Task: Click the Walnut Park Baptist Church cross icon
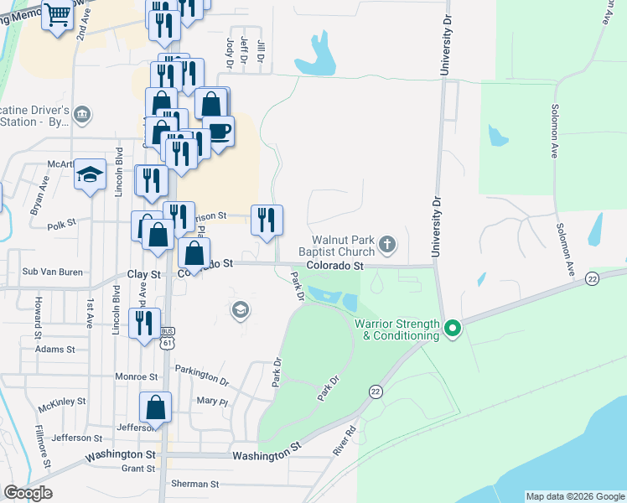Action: pyautogui.click(x=386, y=244)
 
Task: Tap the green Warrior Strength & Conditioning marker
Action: pyautogui.click(x=453, y=327)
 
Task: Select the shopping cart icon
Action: pyautogui.click(x=57, y=15)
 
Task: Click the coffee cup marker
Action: pyautogui.click(x=219, y=132)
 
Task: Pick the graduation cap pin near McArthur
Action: pyautogui.click(x=90, y=174)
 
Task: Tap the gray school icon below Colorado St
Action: pyautogui.click(x=241, y=311)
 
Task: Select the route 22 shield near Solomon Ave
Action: pyautogui.click(x=593, y=278)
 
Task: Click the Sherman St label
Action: pyautogui.click(x=194, y=485)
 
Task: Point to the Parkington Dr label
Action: pyautogui.click(x=201, y=374)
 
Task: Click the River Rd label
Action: pyautogui.click(x=344, y=441)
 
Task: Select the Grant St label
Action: pyautogui.click(x=138, y=469)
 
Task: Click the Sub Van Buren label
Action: pyautogui.click(x=53, y=272)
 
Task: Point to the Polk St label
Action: pyautogui.click(x=62, y=225)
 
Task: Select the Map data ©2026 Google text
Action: pyautogui.click(x=575, y=496)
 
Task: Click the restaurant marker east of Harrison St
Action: pyautogui.click(x=267, y=220)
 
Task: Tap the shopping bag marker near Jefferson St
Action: pyautogui.click(x=155, y=407)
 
